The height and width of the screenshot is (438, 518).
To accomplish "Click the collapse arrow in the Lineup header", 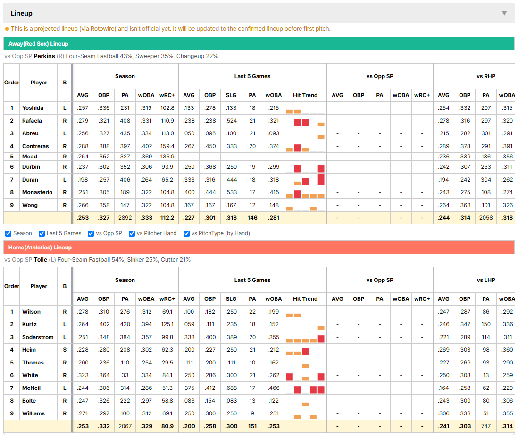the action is click(504, 13).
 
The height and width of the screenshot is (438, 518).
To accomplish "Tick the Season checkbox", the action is click(8, 234).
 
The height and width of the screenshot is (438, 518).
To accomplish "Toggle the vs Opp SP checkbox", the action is click(91, 234).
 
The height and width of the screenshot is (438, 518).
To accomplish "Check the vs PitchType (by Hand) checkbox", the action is click(186, 234).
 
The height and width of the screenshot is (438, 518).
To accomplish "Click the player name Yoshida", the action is click(33, 108).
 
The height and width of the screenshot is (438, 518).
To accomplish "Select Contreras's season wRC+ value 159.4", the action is click(167, 146).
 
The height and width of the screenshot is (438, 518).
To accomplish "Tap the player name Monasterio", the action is click(37, 192).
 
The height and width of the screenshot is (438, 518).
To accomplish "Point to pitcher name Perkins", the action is click(44, 56).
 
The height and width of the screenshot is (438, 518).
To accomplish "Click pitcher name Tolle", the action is click(41, 260).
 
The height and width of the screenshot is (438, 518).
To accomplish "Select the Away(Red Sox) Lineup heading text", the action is click(38, 44).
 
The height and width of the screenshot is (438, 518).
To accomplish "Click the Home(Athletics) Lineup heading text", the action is click(40, 248).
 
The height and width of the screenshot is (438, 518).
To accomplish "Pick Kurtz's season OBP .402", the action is click(104, 324).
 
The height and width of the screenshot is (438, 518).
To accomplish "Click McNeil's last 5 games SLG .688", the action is click(231, 388).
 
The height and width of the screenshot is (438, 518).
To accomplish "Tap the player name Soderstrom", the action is click(38, 337).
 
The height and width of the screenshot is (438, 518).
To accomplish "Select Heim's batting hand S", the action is click(65, 350).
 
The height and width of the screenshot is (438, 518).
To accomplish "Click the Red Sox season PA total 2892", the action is click(125, 218).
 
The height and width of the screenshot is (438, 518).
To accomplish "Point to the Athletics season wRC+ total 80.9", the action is click(167, 426).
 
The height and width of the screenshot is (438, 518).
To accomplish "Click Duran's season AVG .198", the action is click(83, 180).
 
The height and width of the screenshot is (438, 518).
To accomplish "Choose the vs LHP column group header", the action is click(485, 280).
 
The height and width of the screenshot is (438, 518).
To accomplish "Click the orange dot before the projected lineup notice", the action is click(7, 29).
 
